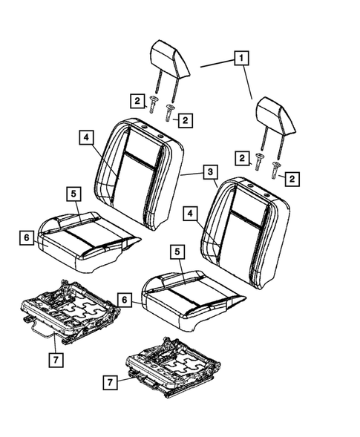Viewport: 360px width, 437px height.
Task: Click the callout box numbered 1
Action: (x=241, y=56)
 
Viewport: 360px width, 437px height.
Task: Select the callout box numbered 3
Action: (x=211, y=173)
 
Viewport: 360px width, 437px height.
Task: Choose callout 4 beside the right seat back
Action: (x=192, y=214)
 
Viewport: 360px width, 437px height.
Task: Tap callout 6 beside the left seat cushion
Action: (x=26, y=237)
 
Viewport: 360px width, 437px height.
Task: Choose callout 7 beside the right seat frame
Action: (x=109, y=382)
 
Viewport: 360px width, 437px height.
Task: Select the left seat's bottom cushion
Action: (x=85, y=236)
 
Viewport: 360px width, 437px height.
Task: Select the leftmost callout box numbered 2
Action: (x=137, y=100)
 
